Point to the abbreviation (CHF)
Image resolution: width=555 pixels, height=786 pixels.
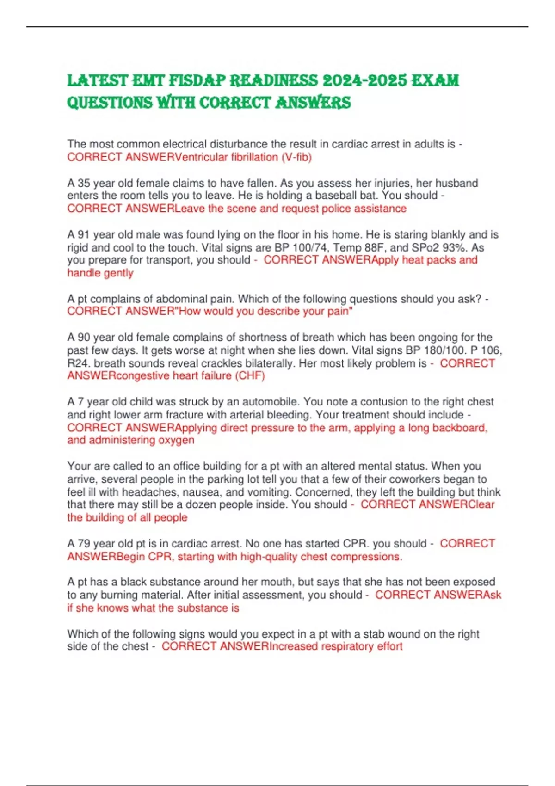(250, 376)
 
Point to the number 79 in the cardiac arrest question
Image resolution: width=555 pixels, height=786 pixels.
(85, 544)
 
